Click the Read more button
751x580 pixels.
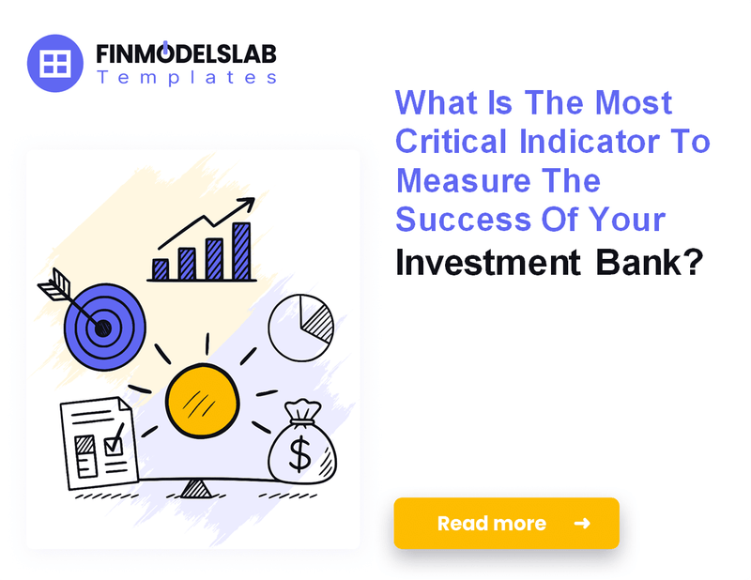[506, 523]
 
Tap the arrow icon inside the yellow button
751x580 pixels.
[582, 523]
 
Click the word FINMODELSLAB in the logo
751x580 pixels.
[186, 53]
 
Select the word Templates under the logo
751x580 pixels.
[186, 78]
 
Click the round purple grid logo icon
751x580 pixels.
[56, 64]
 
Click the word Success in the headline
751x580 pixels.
[455, 220]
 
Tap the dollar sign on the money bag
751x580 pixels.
[299, 455]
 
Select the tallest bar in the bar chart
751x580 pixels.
[242, 252]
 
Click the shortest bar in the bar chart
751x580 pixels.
[161, 269]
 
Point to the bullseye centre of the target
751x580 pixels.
[103, 328]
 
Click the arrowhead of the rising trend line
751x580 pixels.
[249, 203]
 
